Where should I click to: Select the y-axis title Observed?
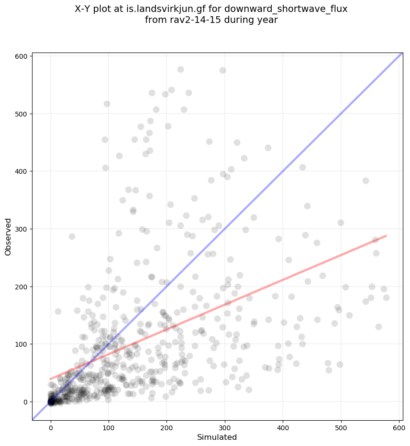click(8, 237)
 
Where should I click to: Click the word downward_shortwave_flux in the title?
click(293, 9)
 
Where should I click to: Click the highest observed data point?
click(180, 69)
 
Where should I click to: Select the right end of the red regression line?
click(386, 235)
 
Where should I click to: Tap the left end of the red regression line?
click(50, 379)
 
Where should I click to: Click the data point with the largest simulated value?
click(386, 297)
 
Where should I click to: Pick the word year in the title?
click(268, 20)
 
